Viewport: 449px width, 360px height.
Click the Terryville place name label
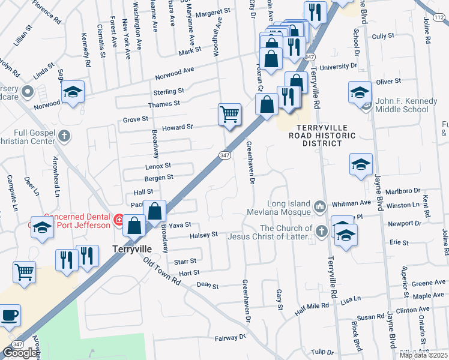[131, 248]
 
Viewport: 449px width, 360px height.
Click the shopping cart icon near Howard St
[229, 113]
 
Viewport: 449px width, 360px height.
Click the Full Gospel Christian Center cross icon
[65, 136]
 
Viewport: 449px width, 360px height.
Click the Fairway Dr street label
[231, 338]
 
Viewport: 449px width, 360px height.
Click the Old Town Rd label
[162, 271]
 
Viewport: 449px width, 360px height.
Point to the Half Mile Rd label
[312, 306]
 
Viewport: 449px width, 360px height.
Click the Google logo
[20, 353]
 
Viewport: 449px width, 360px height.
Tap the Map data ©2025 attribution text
[423, 355]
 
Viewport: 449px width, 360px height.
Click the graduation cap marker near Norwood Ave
[73, 91]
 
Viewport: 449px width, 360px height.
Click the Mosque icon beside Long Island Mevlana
[319, 208]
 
